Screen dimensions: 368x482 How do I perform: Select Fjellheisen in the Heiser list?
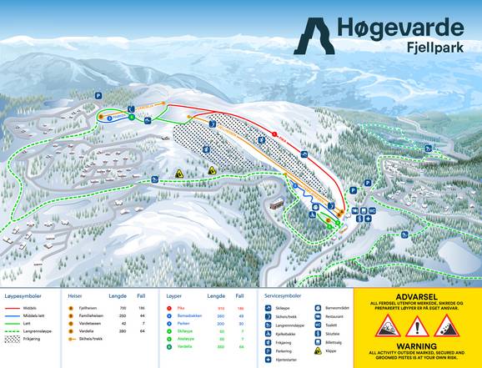pyautogui.click(x=88, y=308)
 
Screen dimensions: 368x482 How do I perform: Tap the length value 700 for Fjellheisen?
pyautogui.click(x=122, y=308)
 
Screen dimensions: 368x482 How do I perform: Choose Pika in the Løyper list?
pyautogui.click(x=180, y=308)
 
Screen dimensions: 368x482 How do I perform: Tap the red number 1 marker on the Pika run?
pyautogui.click(x=274, y=134)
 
